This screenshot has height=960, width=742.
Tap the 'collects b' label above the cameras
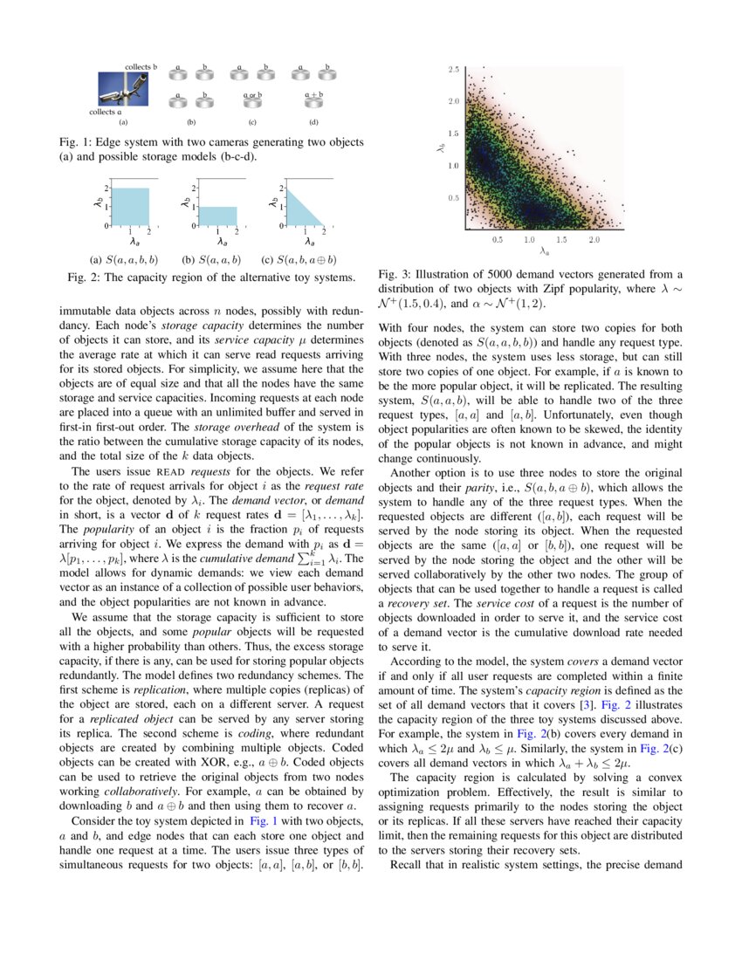pos(141,67)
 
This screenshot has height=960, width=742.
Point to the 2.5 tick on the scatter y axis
pos(455,69)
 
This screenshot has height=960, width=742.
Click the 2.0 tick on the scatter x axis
pos(594,239)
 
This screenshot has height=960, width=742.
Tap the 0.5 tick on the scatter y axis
pos(455,198)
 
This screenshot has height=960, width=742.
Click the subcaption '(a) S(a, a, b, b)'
pos(124,260)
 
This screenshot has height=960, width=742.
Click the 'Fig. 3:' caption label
pos(394,273)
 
